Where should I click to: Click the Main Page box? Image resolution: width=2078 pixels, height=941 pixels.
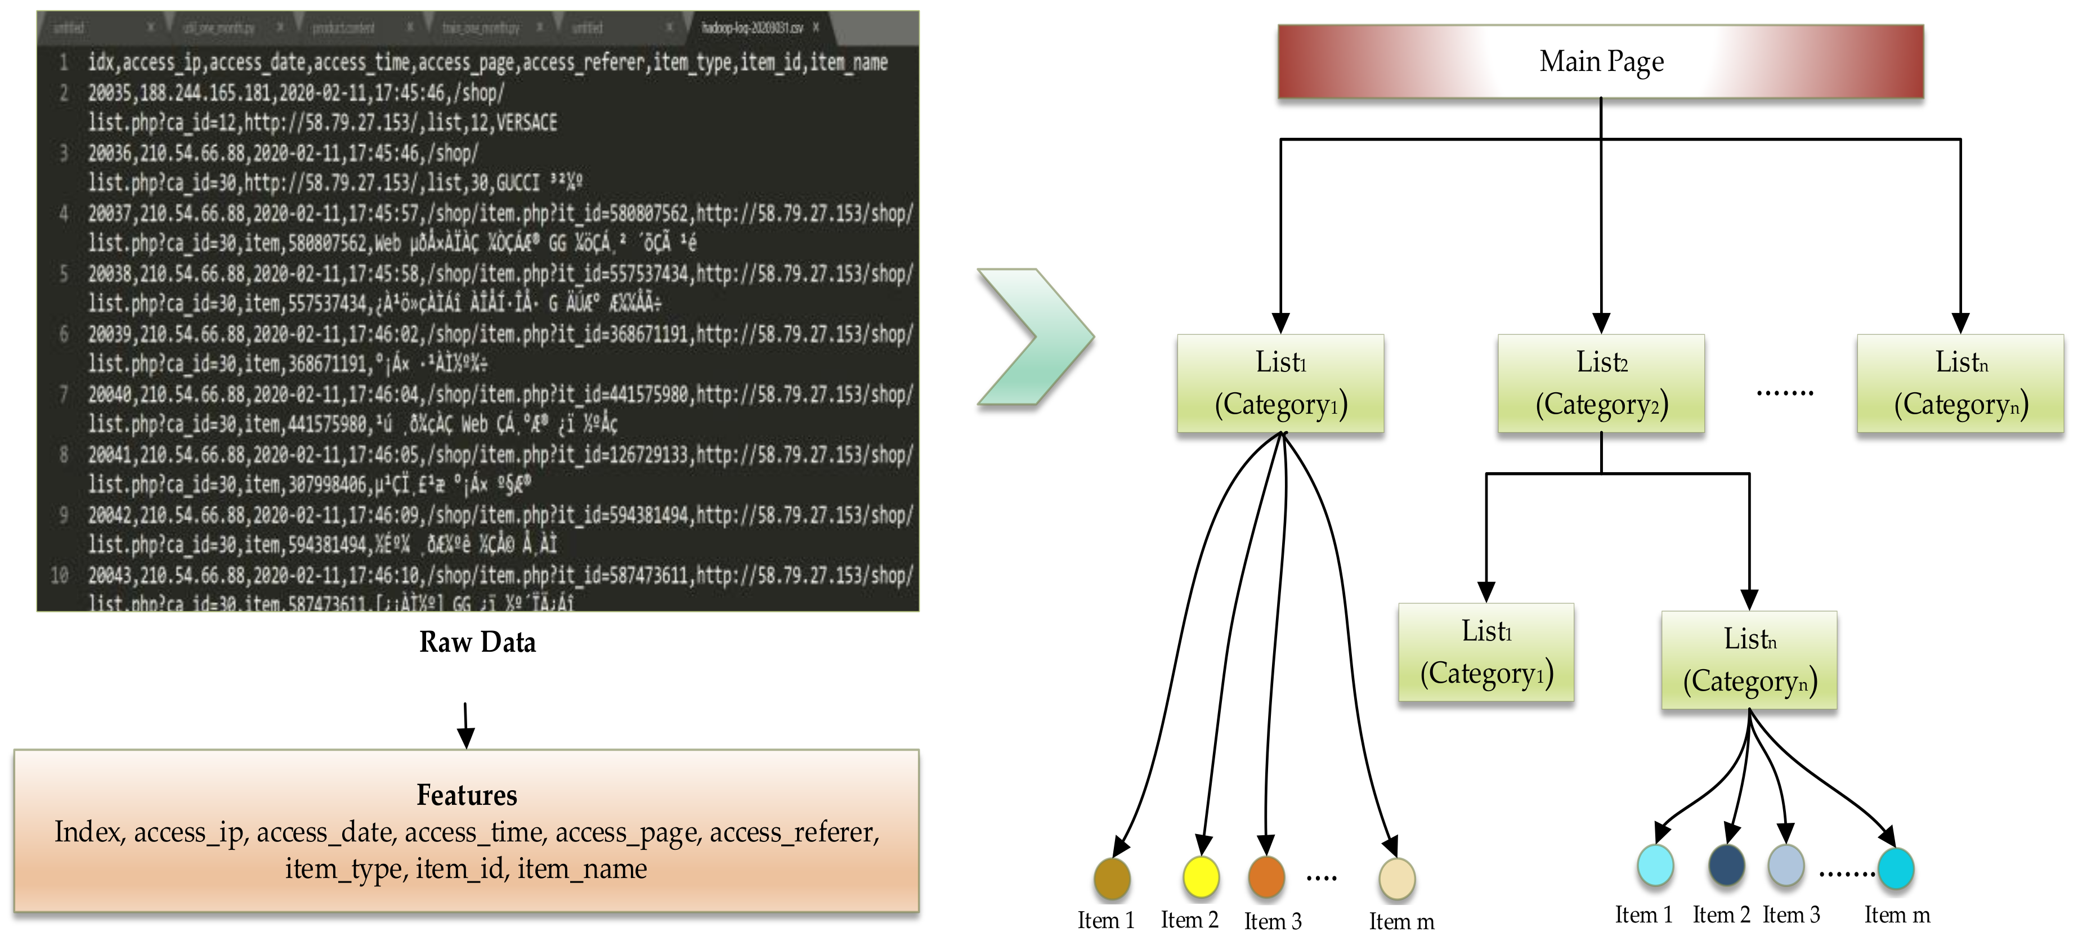pos(1601,62)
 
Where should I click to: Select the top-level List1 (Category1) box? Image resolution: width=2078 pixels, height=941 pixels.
pos(1280,384)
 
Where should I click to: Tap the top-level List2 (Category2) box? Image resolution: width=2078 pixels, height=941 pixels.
pos(1601,384)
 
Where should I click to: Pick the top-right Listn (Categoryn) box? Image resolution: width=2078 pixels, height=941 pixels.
pos(1960,384)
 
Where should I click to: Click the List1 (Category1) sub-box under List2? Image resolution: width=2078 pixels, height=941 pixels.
pos(1486,652)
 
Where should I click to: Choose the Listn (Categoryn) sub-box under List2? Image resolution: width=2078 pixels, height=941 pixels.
pos(1749,660)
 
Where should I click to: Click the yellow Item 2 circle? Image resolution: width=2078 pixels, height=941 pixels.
pos(1201,877)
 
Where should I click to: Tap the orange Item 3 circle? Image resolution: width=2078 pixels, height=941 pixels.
pos(1266,877)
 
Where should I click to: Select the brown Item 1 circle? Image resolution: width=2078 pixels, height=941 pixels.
pos(1112,879)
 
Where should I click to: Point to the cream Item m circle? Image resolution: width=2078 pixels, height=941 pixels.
pos(1396,879)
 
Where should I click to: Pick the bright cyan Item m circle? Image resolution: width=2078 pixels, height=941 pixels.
pos(1896,868)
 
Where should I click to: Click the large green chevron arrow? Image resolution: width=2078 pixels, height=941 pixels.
pos(1035,337)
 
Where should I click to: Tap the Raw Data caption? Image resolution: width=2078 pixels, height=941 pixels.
pos(477,642)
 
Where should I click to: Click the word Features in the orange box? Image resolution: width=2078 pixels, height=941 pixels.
pos(466,795)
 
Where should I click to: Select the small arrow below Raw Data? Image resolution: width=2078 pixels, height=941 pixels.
pos(465,725)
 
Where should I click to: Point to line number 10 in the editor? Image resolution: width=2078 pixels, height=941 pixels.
pos(60,575)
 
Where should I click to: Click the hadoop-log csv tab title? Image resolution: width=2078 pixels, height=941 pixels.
pos(752,28)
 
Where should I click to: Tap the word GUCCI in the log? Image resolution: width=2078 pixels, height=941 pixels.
pos(518,183)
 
